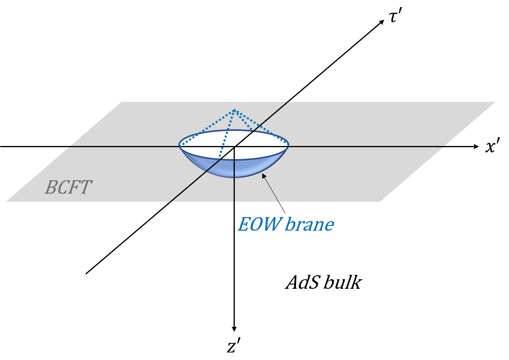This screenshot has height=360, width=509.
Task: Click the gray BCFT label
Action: click(x=68, y=187)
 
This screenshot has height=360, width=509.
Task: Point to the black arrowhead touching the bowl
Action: click(x=263, y=175)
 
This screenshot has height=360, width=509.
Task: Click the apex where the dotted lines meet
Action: click(x=234, y=110)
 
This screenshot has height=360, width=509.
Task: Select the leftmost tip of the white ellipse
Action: click(x=179, y=146)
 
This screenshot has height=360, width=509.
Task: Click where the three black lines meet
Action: click(x=234, y=147)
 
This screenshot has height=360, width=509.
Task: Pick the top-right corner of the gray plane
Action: click(x=495, y=102)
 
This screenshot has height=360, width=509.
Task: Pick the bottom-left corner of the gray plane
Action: click(x=7, y=201)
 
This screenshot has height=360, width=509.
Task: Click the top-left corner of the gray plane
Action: click(x=121, y=102)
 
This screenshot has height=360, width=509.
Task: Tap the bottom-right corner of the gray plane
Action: click(x=381, y=201)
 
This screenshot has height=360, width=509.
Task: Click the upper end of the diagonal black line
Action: click(x=288, y=102)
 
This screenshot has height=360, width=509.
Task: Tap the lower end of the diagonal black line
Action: click(x=171, y=201)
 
